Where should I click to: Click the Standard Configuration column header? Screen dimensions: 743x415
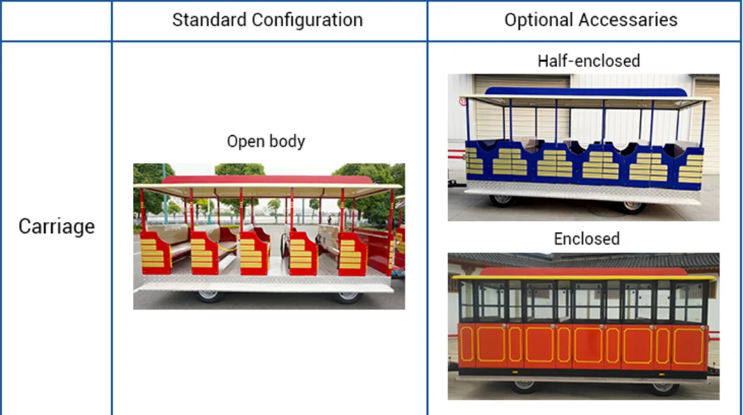(x=267, y=20)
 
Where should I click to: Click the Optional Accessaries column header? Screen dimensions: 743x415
(x=590, y=20)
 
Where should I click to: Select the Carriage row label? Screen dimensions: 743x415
(x=57, y=226)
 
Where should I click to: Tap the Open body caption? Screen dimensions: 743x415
(x=266, y=141)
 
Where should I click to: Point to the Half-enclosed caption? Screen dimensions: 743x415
(x=589, y=61)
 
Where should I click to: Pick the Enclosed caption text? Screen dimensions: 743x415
(x=587, y=239)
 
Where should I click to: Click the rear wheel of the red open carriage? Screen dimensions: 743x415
(x=347, y=296)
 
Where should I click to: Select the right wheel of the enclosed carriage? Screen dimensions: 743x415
(x=664, y=387)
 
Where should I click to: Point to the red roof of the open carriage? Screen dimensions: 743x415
(x=267, y=180)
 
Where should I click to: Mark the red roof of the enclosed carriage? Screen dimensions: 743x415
(x=584, y=271)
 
